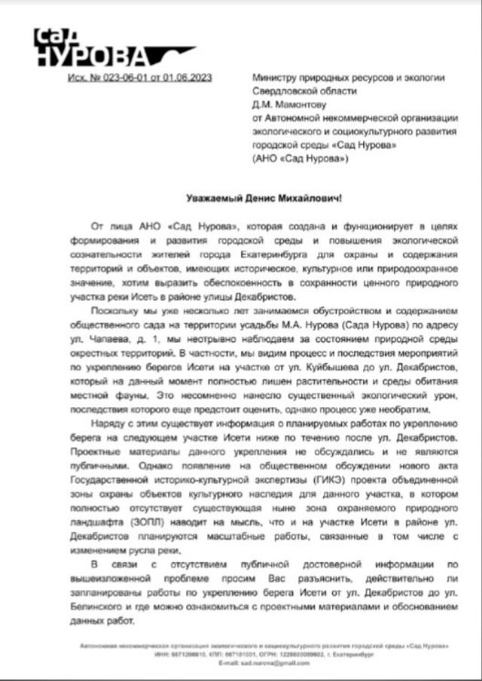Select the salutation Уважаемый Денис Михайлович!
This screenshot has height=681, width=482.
tap(263, 199)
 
